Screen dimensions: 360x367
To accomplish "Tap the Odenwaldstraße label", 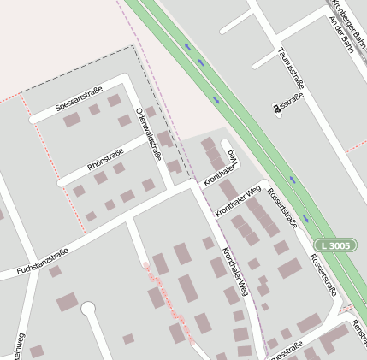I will coord(149,133).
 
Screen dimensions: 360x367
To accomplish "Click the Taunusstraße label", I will coord(292,68).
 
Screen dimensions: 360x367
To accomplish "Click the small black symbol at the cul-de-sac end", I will coord(276,108).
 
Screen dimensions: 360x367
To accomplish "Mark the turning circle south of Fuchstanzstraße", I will coord(88,308).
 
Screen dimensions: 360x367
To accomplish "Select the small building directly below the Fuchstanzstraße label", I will coord(55,271).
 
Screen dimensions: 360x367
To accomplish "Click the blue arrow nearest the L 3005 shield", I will coord(293,181).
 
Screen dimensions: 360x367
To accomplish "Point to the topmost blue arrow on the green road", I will coord(186,46).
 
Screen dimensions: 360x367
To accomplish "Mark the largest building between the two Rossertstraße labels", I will coord(289,268).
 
